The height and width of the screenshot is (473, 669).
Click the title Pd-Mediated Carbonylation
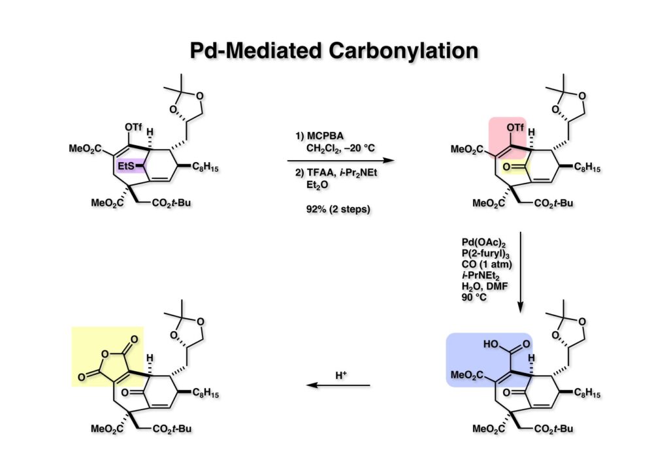(x=334, y=50)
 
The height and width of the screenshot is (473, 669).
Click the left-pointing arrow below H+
(x=338, y=385)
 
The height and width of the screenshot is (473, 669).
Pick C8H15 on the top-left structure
(x=213, y=169)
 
